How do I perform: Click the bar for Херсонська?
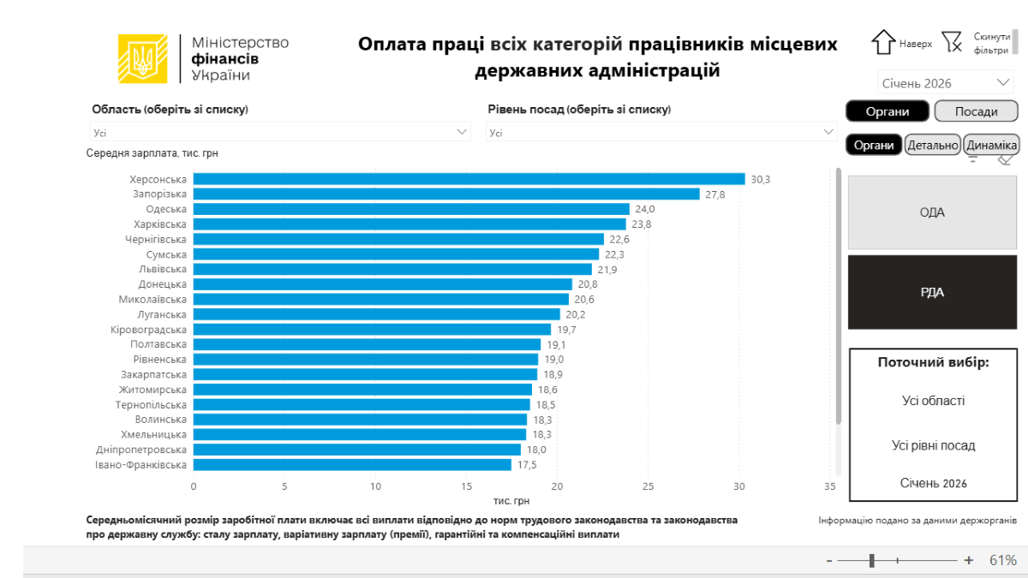469,179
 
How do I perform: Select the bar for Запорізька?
446,194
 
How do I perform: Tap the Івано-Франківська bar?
352,465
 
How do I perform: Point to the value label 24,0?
644,209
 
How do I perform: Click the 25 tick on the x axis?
648,486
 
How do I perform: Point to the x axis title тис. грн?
511,500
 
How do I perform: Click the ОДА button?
932,212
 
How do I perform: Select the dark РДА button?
932,292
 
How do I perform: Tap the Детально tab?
932,146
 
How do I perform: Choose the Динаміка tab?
991,146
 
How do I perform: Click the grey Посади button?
976,111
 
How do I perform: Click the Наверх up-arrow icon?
883,42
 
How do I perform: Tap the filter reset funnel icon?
951,42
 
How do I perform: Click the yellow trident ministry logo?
142,58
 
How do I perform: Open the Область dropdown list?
281,132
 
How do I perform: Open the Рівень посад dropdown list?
661,132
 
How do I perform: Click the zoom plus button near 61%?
969,560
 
